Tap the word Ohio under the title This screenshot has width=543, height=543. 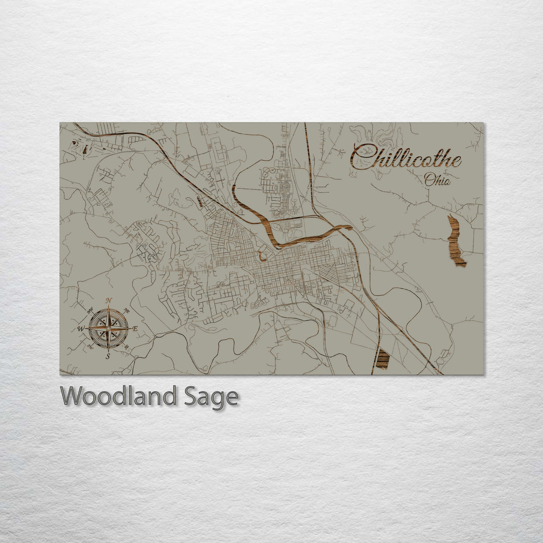437,179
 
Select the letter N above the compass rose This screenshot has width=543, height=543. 109,301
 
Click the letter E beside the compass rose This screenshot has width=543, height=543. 135,329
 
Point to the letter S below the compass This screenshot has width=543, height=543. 108,356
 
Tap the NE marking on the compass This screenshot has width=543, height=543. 126,312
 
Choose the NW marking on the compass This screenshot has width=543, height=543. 90,311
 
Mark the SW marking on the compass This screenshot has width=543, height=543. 90,346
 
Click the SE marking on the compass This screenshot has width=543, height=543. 126,346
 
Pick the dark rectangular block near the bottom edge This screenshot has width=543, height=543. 383,359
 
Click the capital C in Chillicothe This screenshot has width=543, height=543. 363,156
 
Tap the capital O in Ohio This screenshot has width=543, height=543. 429,179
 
